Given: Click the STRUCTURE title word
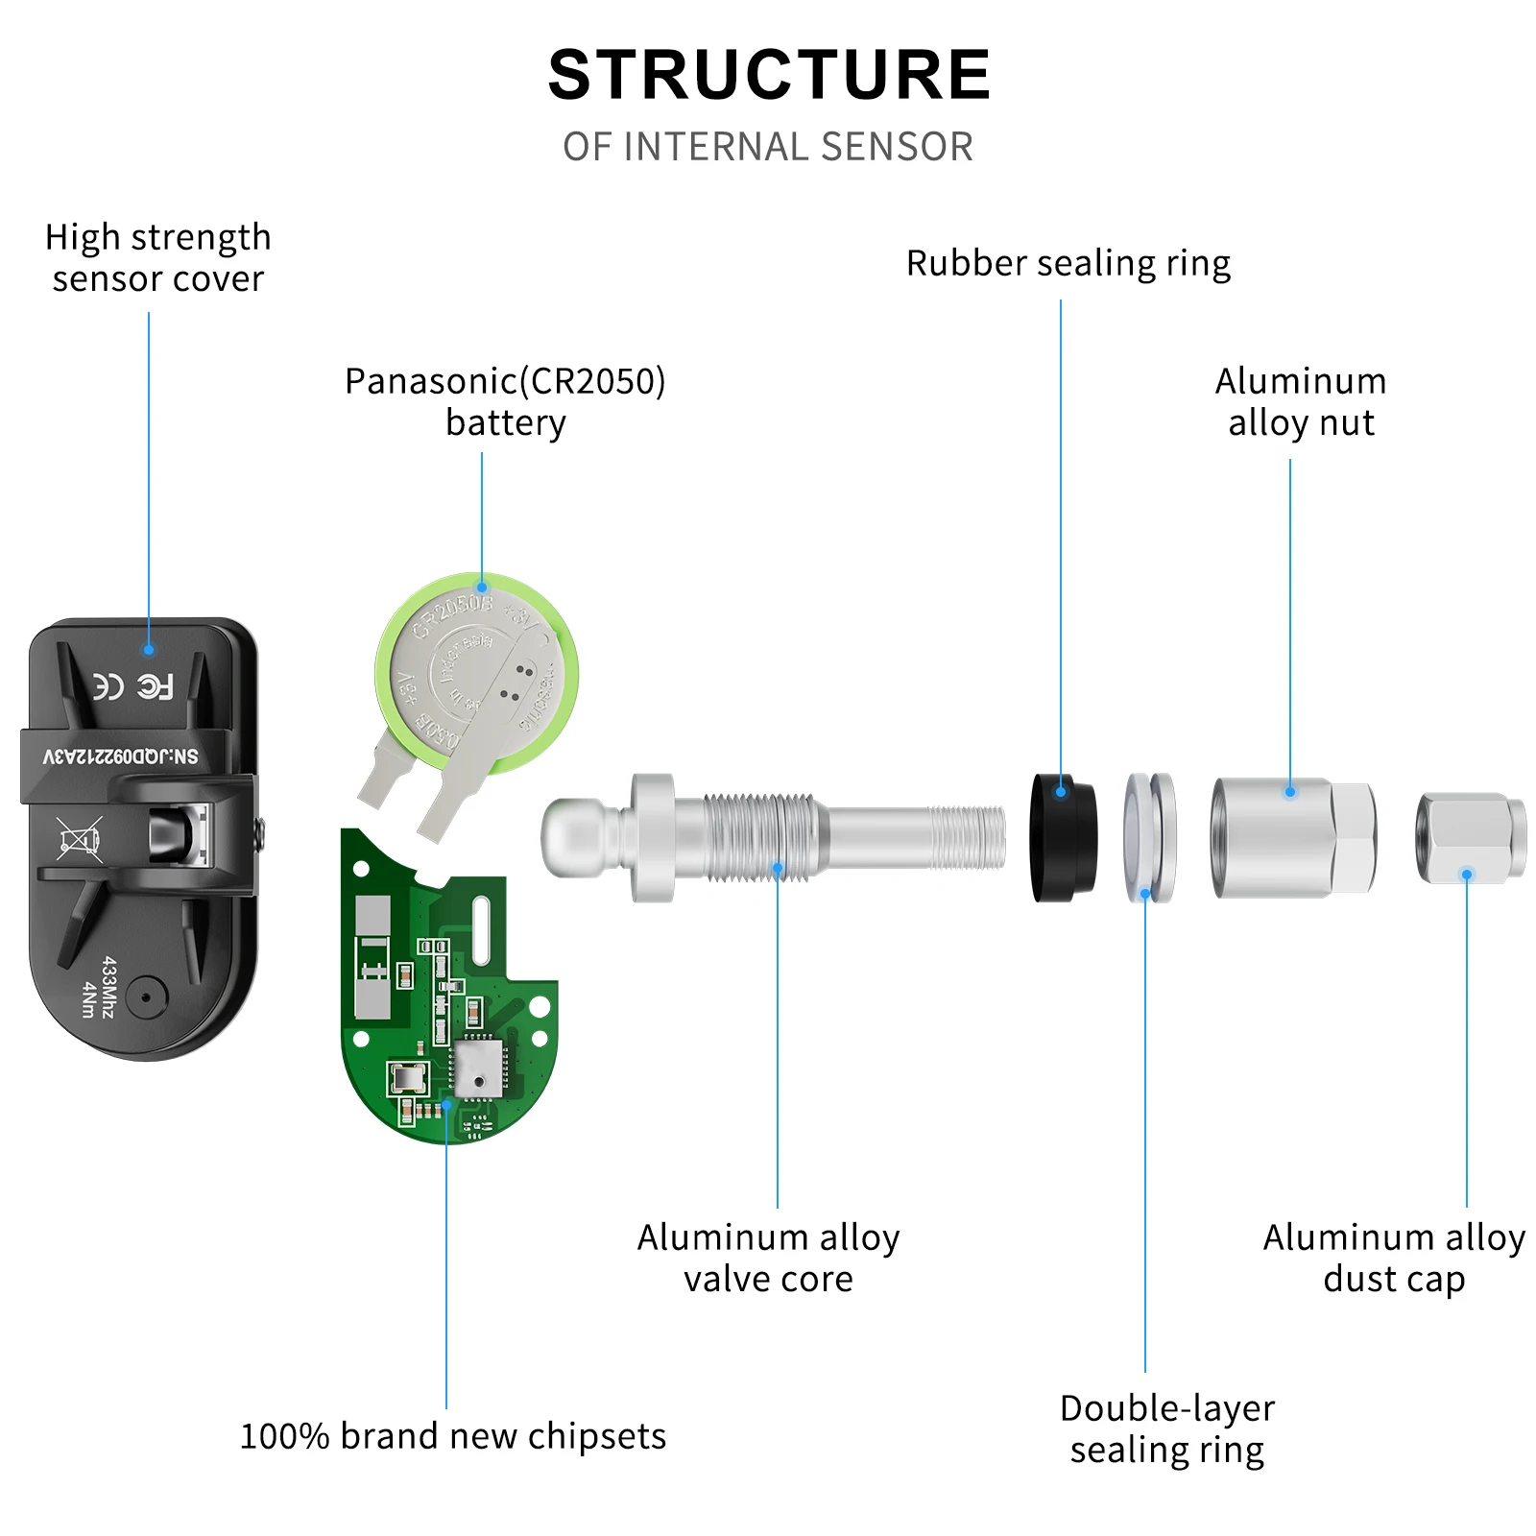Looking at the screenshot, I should coord(768,75).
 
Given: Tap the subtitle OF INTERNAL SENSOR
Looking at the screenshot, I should coord(768,147).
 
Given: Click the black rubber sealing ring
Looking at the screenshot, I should coord(1062,837).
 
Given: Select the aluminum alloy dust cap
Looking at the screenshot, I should coord(1469,837).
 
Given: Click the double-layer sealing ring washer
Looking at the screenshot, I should coord(1149,837).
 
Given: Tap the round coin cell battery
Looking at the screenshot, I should coord(477,672).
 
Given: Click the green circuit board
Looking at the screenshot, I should coord(442,1018).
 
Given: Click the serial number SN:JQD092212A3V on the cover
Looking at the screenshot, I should coord(121,756).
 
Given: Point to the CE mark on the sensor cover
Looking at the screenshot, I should coord(108,686).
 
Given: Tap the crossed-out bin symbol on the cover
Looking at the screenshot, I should coord(78,840).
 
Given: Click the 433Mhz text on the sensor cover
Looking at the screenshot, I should coord(108,986).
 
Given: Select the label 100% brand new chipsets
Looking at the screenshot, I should coord(452,1436).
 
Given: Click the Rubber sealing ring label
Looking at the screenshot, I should coord(1068,263).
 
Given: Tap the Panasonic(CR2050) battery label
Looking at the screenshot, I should coord(505,401).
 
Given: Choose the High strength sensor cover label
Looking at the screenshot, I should coord(158,257).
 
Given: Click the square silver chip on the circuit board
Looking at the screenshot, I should coord(478,1069).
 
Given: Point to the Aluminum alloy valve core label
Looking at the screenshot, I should coord(768,1258).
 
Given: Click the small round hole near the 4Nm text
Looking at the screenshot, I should coord(145,997).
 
